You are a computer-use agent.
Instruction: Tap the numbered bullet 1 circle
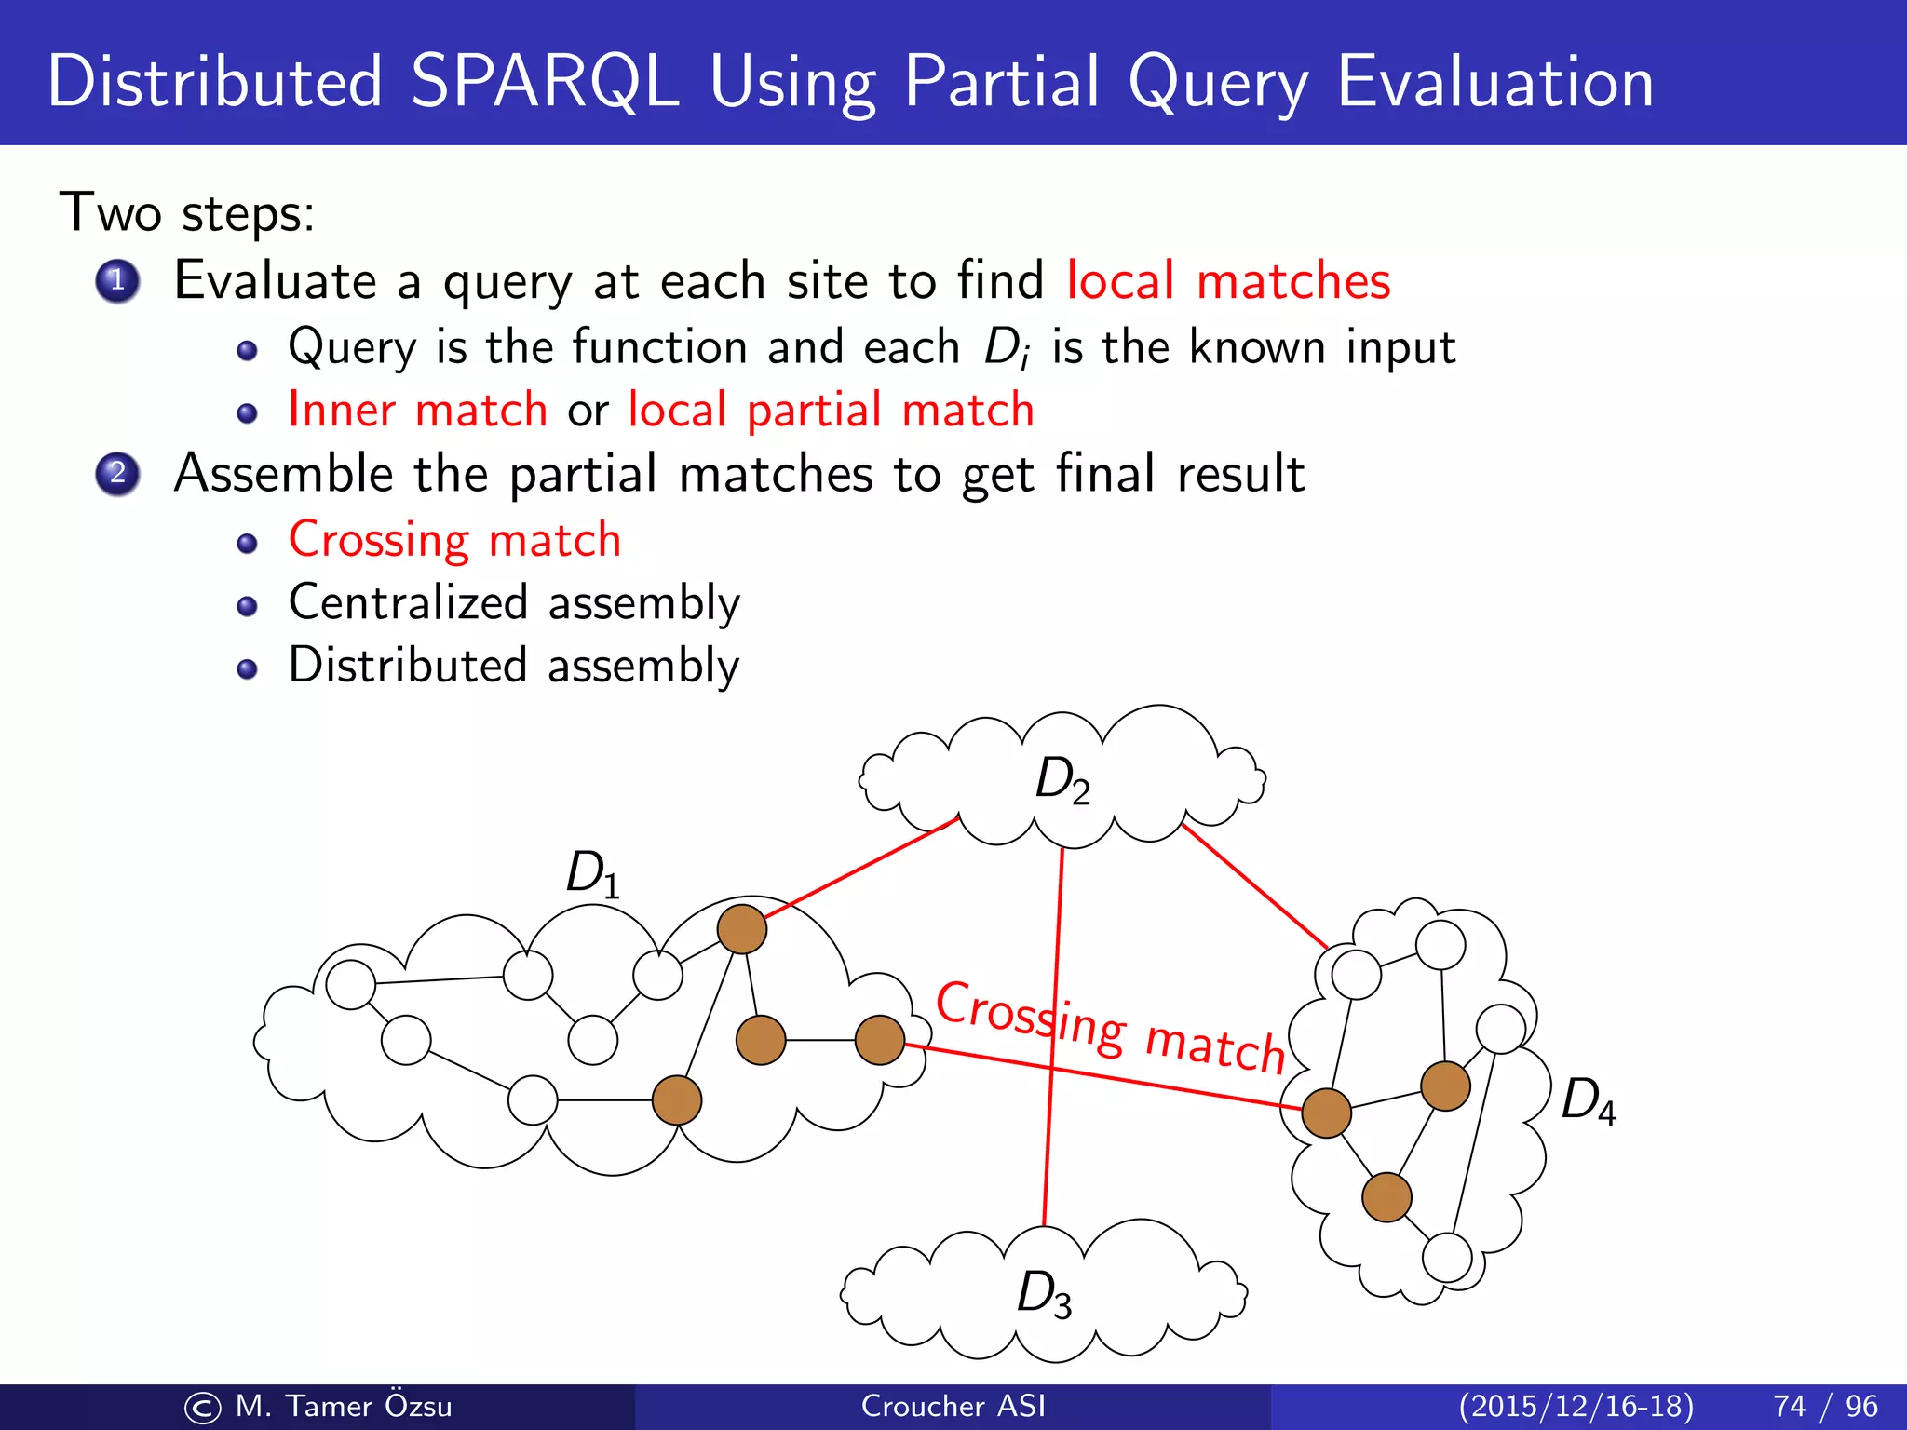coord(117,280)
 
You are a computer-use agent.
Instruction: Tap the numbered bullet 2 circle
coord(117,473)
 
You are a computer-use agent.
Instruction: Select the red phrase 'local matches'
coord(1227,281)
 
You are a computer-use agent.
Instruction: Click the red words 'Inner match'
coord(417,410)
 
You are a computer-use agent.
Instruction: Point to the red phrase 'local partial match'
coord(831,410)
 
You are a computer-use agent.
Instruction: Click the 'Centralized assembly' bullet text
coord(514,602)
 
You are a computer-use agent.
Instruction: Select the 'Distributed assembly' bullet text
coord(514,666)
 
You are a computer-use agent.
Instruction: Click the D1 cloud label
coord(592,875)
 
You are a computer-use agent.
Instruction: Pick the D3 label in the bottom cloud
coord(1043,1294)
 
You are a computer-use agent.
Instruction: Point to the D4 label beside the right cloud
coord(1588,1100)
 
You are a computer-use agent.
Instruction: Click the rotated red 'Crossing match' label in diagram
coord(1110,1027)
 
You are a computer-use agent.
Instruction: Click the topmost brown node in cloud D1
coord(741,928)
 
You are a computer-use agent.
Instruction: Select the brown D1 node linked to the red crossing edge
coord(879,1040)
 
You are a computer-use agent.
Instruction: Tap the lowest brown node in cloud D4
coord(1386,1197)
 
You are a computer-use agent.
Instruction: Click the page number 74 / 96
coord(1825,1406)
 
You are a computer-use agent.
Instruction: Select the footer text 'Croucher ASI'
coord(953,1406)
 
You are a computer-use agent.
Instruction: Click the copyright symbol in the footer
coord(203,1408)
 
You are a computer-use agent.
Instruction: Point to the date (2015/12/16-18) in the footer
coord(1576,1406)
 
